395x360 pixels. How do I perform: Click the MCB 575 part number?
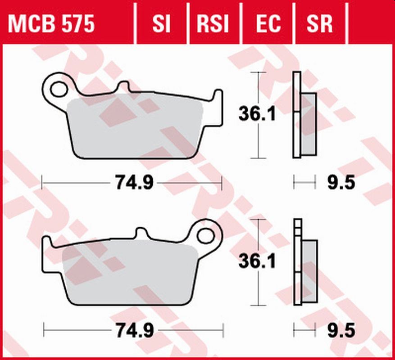[x=51, y=24]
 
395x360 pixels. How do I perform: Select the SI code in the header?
[x=161, y=24]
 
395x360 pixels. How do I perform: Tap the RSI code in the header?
[x=213, y=24]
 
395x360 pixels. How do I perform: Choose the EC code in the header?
[x=268, y=24]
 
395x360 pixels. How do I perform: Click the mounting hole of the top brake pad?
[x=59, y=89]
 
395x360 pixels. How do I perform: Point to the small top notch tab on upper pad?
[x=123, y=87]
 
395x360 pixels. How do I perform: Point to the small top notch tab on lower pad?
[x=141, y=233]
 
